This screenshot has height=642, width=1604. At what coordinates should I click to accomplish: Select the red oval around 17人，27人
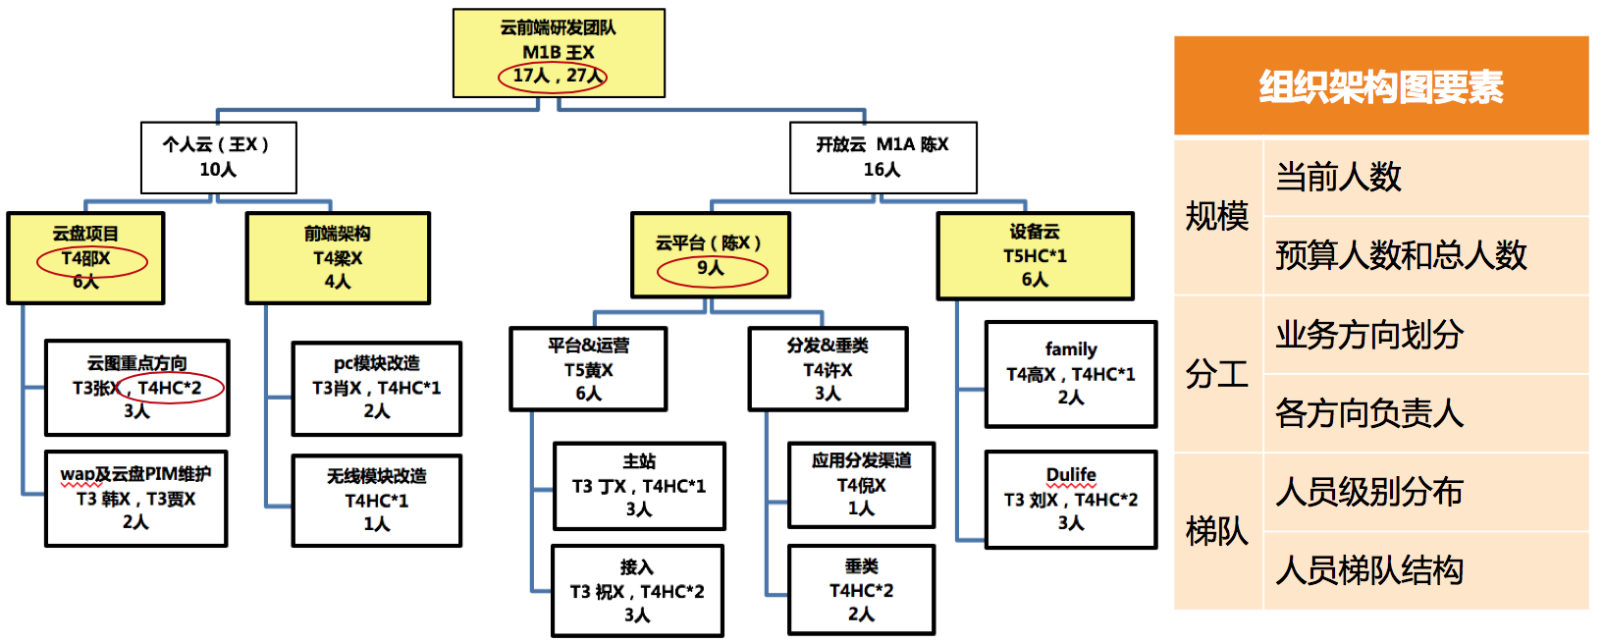[553, 77]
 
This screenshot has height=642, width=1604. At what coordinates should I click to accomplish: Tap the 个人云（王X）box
[218, 157]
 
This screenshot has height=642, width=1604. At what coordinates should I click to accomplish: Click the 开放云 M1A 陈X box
[882, 157]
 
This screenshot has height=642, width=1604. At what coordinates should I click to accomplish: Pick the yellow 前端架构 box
[338, 258]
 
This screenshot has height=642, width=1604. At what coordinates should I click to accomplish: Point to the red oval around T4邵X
[91, 261]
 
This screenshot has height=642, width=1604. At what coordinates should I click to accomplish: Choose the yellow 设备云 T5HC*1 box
[1035, 255]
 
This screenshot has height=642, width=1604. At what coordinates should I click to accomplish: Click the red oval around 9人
[712, 270]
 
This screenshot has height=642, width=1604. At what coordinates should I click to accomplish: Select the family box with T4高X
[1070, 374]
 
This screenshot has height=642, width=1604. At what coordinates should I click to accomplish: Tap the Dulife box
[1070, 499]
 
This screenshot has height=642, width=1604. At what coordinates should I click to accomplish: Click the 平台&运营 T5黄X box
[588, 369]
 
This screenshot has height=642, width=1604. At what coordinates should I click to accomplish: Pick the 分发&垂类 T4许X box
[828, 369]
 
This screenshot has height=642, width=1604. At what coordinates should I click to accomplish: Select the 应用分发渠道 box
[861, 485]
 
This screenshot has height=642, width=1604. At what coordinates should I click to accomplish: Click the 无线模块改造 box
[376, 501]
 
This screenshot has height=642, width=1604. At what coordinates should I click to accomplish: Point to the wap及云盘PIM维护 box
[135, 499]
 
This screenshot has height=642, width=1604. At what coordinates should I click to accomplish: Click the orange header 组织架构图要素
[1380, 86]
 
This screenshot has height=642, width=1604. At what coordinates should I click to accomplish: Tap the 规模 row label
[1217, 216]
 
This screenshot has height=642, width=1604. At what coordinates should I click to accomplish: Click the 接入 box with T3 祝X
[637, 591]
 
